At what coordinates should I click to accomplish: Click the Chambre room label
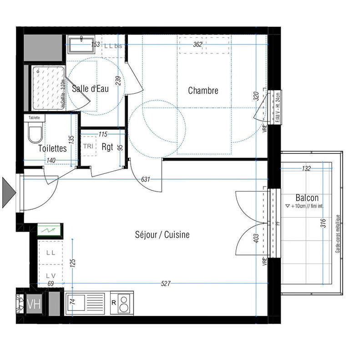coord(203,91)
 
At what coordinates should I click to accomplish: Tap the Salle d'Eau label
coord(91,89)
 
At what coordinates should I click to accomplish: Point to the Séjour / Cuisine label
coord(162,235)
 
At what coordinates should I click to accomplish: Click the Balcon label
coord(307,198)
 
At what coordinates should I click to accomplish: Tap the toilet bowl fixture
coord(35,134)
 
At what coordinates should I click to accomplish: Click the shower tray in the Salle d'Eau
coord(47,88)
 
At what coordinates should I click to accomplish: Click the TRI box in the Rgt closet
coord(88,146)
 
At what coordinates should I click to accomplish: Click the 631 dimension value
coord(146,179)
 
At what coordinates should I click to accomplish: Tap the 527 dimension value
coord(166,284)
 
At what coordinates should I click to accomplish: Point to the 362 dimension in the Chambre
coord(197,45)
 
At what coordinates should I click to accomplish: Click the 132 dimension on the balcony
coord(306,169)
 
